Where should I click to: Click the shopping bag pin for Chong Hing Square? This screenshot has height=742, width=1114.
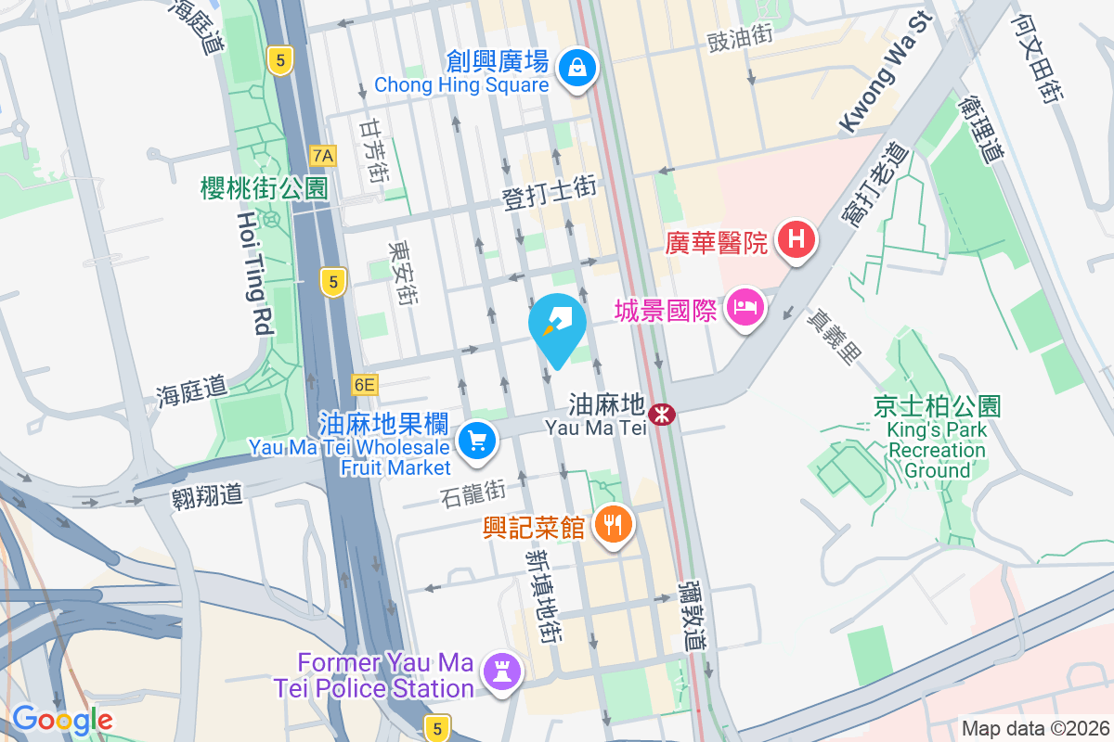577,68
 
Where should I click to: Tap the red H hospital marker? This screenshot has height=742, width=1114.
796,239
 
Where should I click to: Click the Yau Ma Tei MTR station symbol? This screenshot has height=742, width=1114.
663,415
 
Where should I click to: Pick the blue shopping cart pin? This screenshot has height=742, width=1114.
477,439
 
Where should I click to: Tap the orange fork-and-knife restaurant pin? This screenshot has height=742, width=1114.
612,525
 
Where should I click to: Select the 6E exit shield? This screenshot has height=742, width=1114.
365,384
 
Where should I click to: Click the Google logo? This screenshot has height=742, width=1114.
62,720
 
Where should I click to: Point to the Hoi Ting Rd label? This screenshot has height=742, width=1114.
253,273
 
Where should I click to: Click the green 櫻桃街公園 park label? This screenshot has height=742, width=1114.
265,188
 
